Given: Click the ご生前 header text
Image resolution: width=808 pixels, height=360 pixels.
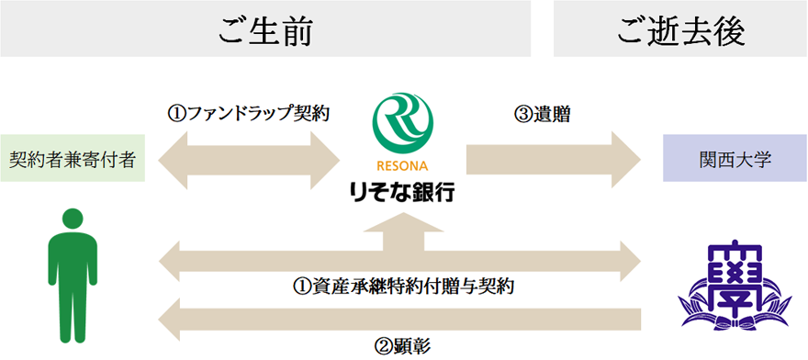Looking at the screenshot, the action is (265, 33).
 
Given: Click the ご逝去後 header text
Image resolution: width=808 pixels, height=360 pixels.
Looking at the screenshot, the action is (680, 33).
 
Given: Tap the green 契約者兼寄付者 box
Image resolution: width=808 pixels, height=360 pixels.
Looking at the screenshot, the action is (73, 158).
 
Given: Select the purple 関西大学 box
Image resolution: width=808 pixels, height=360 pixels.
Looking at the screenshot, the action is (735, 158).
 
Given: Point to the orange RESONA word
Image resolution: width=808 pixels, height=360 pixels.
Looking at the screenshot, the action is (402, 166).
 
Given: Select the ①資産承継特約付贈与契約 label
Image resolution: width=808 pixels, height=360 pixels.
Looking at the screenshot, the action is (403, 286).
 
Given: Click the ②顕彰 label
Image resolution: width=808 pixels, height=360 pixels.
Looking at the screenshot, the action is (403, 345).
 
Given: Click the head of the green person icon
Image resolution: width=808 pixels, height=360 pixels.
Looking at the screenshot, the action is (73, 219).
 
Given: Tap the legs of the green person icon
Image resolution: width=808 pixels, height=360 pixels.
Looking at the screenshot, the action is (73, 312).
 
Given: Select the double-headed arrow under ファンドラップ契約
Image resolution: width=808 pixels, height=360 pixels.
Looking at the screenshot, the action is (249, 160).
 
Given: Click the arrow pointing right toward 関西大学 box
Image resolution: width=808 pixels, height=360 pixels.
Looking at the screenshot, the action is (554, 160).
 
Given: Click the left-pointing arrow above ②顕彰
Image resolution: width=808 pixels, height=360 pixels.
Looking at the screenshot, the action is (399, 320).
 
